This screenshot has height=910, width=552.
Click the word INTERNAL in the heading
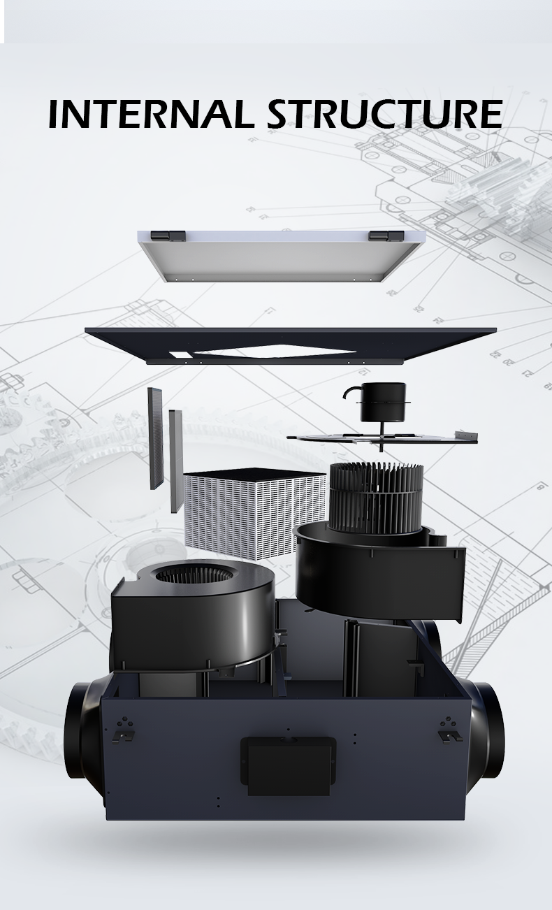149,114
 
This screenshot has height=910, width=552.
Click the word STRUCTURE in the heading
385,114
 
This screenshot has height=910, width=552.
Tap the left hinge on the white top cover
168,236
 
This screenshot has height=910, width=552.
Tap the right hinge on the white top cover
386,236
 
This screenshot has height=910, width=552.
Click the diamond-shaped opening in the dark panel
275,351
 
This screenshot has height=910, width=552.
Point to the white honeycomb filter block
254,513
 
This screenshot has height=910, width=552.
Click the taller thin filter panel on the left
155,438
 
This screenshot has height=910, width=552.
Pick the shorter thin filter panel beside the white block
176,461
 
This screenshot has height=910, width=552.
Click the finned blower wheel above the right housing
376,497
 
